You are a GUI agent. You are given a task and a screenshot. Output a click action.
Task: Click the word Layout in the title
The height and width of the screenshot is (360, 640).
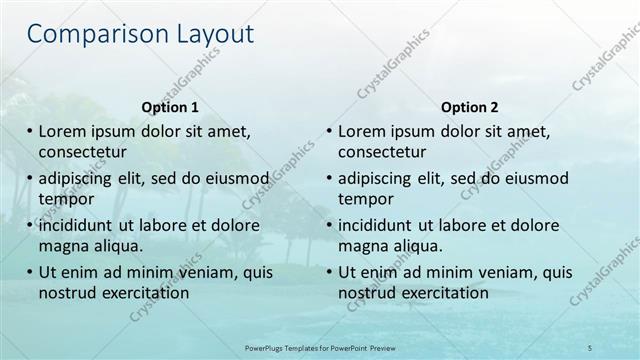click(x=205, y=35)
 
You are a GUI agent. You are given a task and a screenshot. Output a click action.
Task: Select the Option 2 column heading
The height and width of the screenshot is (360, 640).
click(x=469, y=107)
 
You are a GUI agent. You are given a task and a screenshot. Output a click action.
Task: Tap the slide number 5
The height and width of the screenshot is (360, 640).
click(x=590, y=347)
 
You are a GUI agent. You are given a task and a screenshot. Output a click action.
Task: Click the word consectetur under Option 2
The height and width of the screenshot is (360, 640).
click(x=382, y=152)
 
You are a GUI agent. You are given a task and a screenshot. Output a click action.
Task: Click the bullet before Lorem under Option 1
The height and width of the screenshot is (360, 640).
click(x=29, y=131)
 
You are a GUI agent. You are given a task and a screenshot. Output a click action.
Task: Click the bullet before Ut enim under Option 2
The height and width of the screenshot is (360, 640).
click(x=328, y=272)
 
